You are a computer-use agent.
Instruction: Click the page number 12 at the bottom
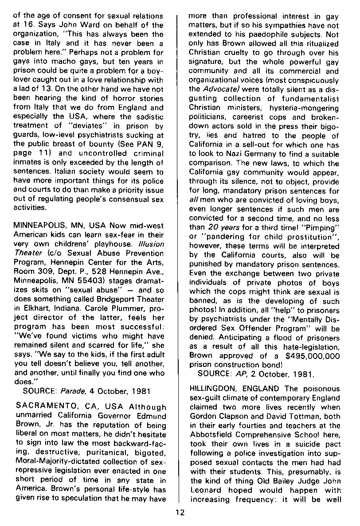click(179, 514)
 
